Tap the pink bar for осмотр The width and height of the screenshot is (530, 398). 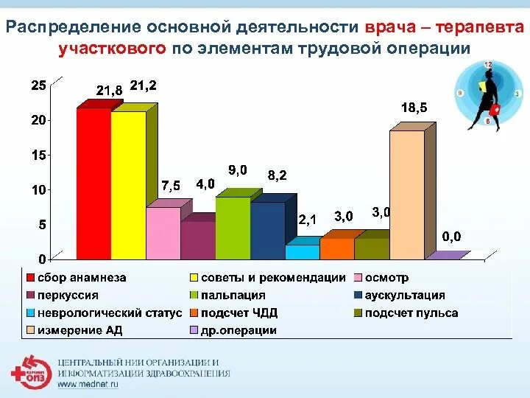163,233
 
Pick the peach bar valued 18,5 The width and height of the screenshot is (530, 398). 407,195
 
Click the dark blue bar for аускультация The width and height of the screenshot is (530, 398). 267,231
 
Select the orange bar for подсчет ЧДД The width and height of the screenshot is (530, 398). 336,248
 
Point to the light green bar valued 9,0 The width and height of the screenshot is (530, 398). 233,228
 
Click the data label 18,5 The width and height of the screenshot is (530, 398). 414,108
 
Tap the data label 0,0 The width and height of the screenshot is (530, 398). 451,237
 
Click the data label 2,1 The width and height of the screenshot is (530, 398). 308,220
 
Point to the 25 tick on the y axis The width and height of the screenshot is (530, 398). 38,85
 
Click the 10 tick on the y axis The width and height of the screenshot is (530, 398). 38,189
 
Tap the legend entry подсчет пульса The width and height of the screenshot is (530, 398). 417,313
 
